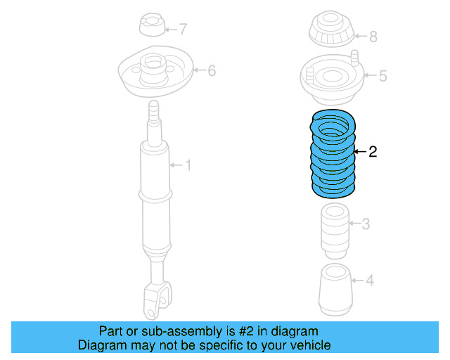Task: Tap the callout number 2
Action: click(373, 151)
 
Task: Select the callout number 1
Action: click(188, 165)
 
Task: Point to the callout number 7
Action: click(183, 30)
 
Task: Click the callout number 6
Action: click(212, 70)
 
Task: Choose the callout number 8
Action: click(373, 36)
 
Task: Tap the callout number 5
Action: click(382, 76)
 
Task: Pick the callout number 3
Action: click(365, 224)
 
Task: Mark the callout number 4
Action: click(370, 281)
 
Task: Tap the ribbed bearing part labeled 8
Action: click(331, 32)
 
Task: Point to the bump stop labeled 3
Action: click(334, 229)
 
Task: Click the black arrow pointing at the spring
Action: click(359, 151)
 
